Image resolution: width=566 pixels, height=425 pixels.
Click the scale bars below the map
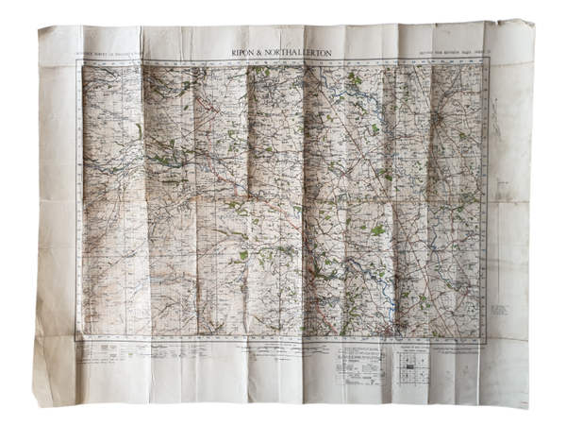pyautogui.click(x=274, y=351)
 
